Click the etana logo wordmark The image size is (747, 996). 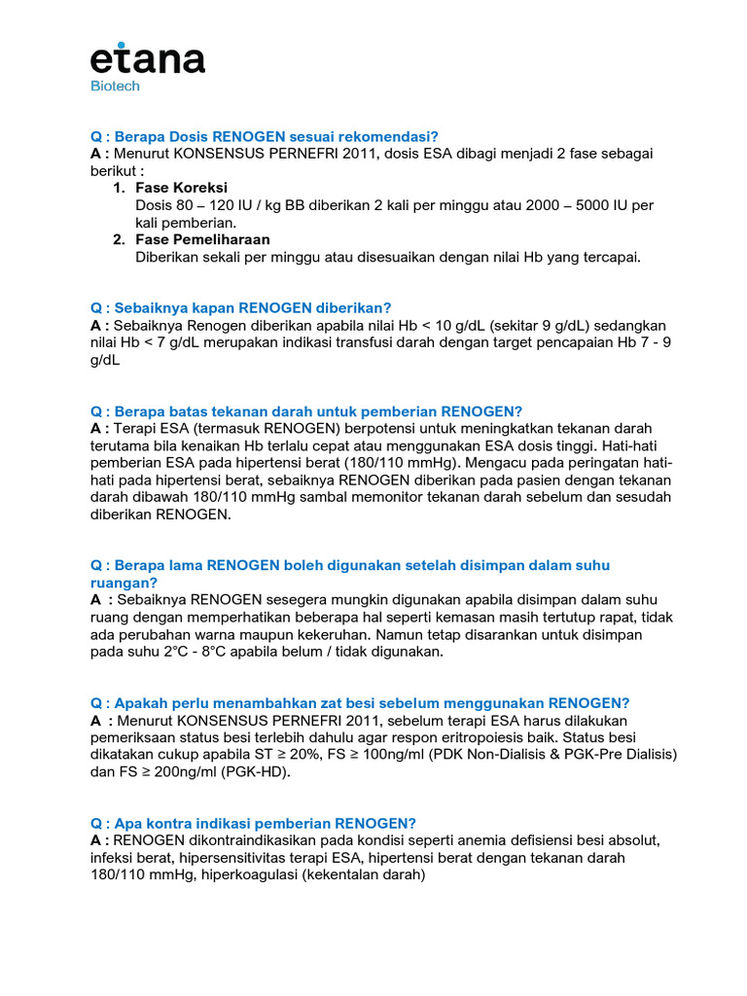click(x=148, y=59)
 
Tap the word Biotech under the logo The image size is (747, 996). click(x=115, y=86)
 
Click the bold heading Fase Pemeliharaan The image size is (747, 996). click(x=202, y=239)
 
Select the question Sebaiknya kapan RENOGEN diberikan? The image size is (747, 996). click(x=240, y=307)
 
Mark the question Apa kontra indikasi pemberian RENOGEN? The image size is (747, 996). click(x=253, y=823)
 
